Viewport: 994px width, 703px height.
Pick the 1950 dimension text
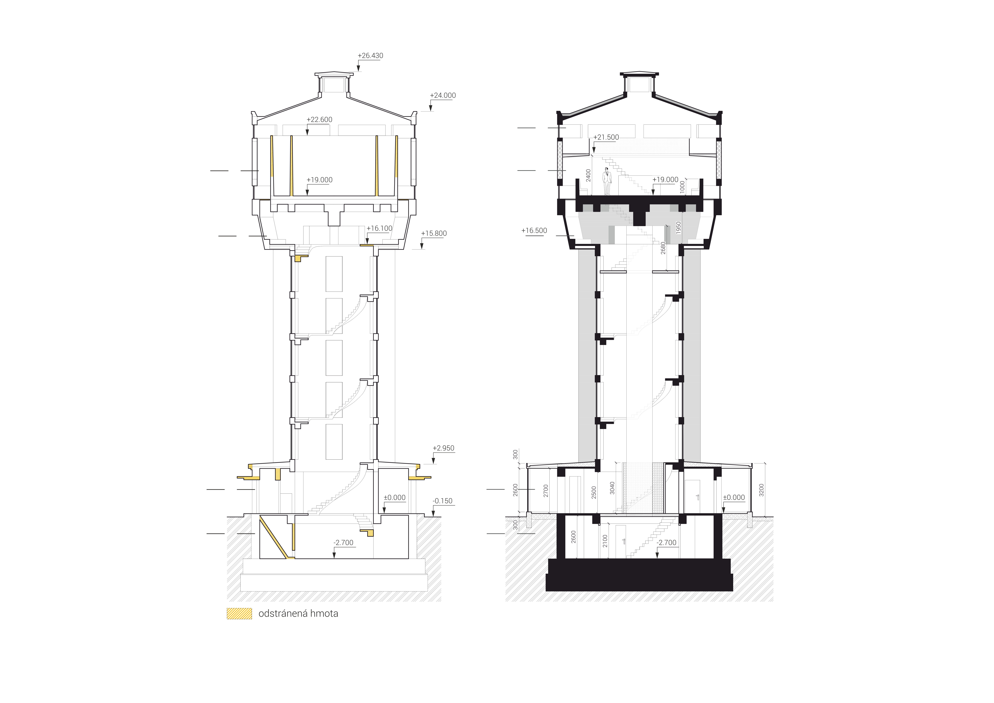(678, 228)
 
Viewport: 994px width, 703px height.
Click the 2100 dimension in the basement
(605, 541)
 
